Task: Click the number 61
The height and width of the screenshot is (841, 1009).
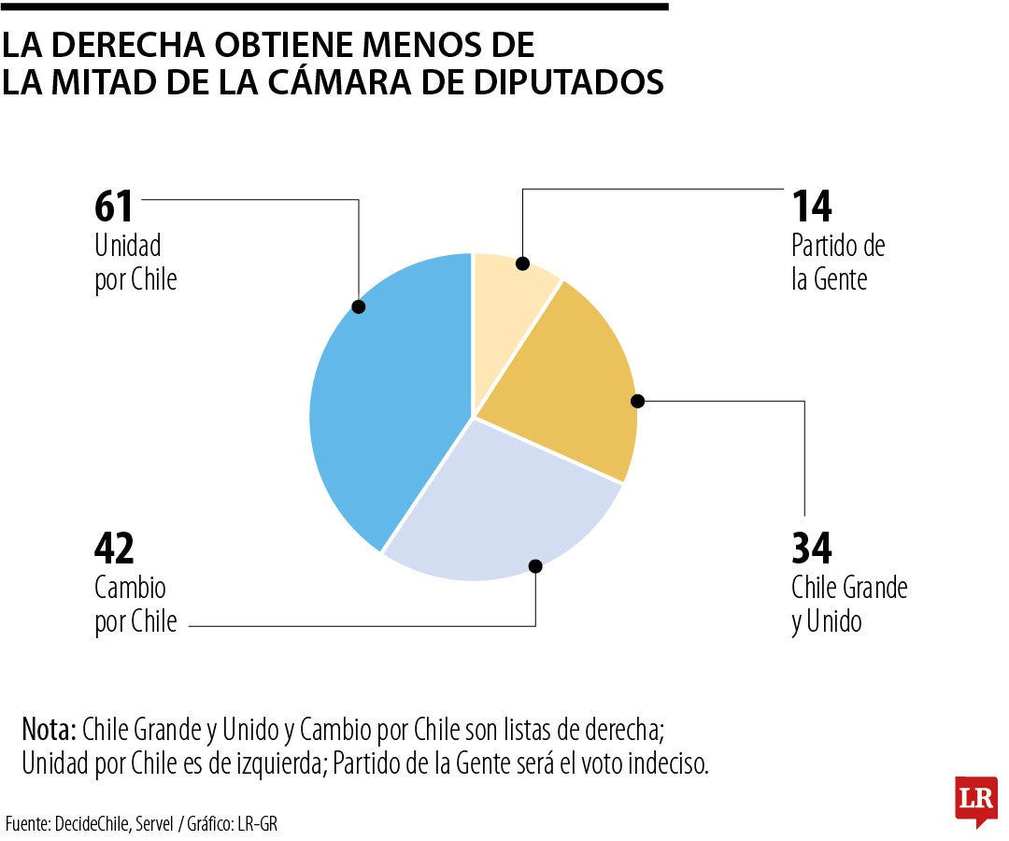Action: (115, 207)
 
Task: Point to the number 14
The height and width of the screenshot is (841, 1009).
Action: (812, 207)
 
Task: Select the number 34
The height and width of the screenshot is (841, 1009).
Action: (812, 549)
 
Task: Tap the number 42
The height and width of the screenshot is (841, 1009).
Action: (115, 549)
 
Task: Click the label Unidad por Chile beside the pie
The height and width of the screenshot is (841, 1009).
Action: (135, 263)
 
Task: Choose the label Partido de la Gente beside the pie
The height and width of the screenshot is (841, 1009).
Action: (837, 263)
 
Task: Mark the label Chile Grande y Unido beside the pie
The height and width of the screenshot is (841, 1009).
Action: (848, 605)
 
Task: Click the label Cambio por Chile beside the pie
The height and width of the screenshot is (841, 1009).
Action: (135, 605)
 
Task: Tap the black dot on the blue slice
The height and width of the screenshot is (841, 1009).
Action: (358, 306)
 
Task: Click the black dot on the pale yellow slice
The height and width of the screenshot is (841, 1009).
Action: (523, 263)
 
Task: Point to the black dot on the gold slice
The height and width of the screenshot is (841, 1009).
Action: (638, 401)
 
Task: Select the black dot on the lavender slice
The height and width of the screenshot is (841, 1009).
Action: (535, 565)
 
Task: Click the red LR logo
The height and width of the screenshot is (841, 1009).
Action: (976, 800)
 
